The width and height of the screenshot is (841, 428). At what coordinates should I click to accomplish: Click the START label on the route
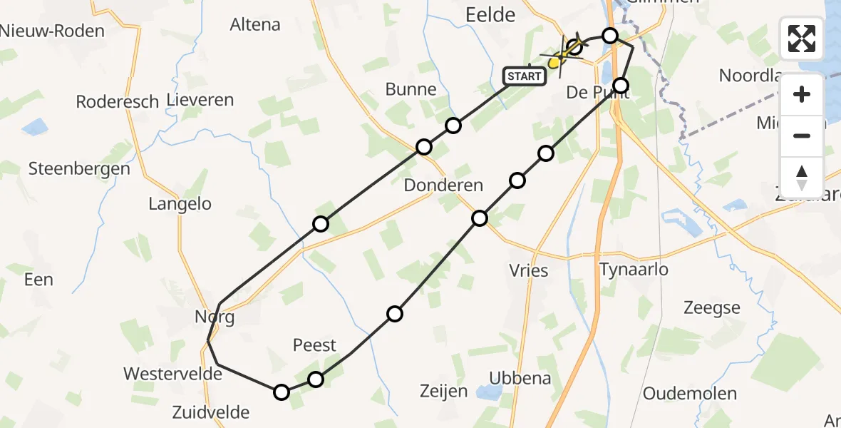point(525,76)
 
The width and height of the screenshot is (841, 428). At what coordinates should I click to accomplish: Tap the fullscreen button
point(802,39)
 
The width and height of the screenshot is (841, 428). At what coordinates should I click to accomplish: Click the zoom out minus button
point(802,136)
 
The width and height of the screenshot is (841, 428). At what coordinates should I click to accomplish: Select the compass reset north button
point(802,177)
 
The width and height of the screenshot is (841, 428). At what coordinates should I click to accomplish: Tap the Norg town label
point(215,317)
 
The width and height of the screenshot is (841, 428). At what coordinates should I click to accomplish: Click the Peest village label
point(314,345)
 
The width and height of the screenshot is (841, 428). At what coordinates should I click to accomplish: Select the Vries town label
point(529,270)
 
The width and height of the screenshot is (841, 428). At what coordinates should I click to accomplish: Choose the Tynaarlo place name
point(634,270)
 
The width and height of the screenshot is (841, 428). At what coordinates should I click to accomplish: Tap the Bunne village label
point(411,89)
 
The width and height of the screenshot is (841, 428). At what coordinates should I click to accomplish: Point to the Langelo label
point(180,204)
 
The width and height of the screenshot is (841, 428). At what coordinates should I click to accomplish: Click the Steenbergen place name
point(79,169)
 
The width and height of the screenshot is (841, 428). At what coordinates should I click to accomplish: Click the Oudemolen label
point(689,394)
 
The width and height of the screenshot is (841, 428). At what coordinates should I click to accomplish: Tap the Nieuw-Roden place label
point(52,31)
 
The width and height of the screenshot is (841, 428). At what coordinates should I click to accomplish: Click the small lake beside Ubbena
point(490,392)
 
